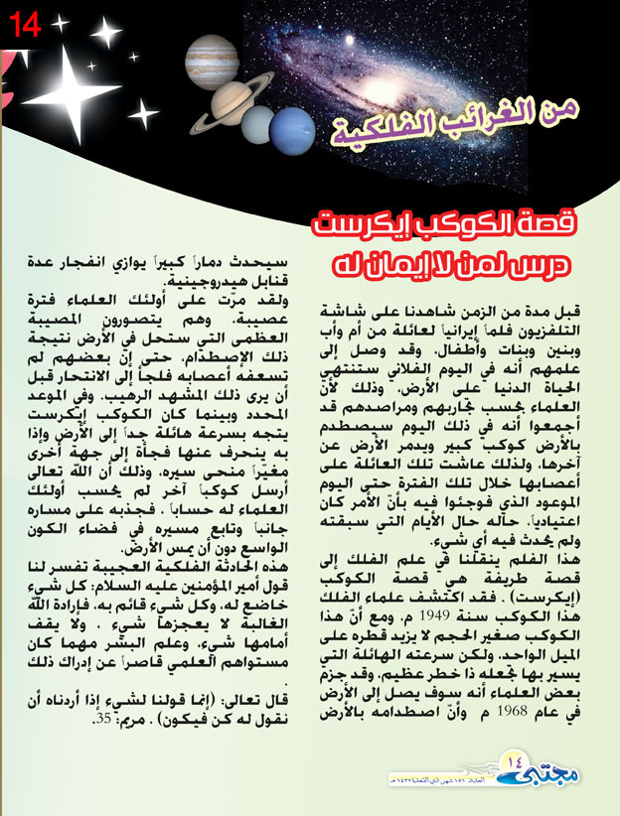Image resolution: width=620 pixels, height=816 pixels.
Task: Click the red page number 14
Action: coord(25,25)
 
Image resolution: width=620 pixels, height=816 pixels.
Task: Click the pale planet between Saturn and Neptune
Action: coord(261,121)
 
